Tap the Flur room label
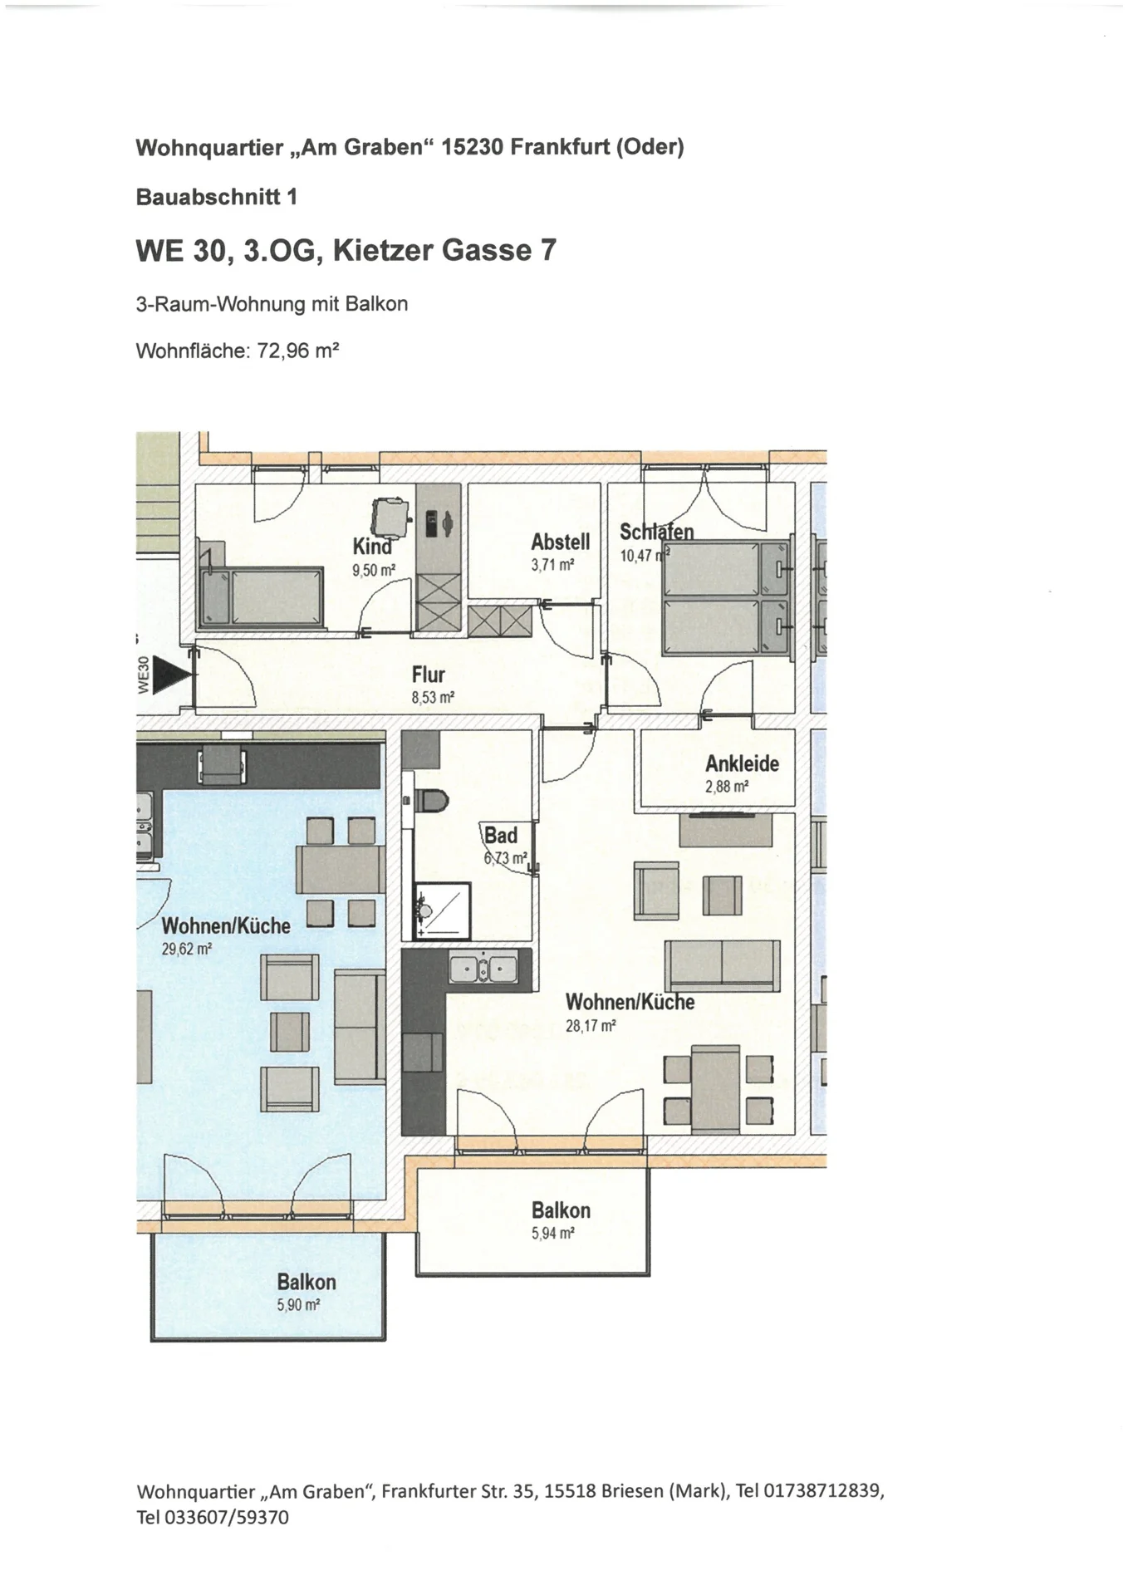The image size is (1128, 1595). (429, 675)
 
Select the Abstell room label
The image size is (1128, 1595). (561, 542)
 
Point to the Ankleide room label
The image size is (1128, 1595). (743, 763)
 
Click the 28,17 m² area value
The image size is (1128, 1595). (591, 1026)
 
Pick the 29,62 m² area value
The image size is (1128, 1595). (187, 949)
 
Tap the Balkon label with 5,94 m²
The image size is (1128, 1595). (562, 1210)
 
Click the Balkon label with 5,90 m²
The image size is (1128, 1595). (307, 1282)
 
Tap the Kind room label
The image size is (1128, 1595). (372, 547)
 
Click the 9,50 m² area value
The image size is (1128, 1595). (374, 571)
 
